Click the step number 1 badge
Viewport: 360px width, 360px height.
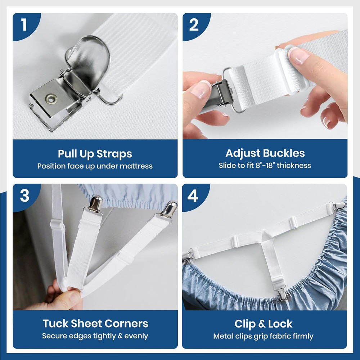tap(24, 25)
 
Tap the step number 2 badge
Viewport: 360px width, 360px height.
tap(194, 25)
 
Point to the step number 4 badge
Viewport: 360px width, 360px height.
tap(193, 196)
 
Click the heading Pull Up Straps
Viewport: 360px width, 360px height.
tap(95, 154)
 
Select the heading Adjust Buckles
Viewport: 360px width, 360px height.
tap(265, 153)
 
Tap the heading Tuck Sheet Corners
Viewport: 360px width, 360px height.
tap(95, 323)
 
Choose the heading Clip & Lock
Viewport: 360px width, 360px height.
tap(264, 324)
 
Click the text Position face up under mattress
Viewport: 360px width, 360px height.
tap(95, 166)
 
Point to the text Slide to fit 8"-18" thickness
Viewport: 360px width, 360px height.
tap(265, 166)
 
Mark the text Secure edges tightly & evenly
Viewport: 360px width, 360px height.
tap(95, 336)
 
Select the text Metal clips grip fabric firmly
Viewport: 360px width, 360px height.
tap(264, 336)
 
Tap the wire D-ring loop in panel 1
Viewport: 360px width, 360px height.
tap(110, 100)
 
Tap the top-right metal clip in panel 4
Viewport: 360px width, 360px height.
tap(339, 206)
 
